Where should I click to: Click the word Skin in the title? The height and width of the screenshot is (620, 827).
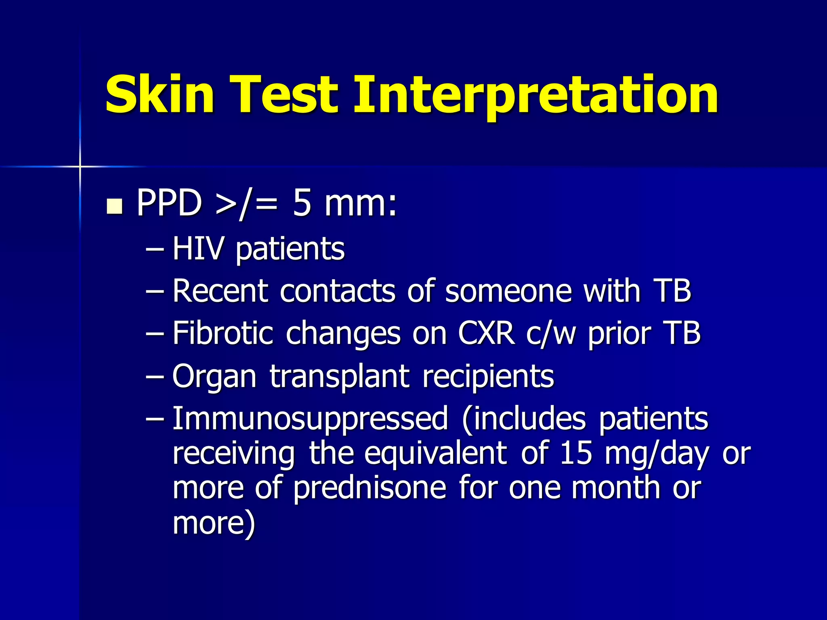pyautogui.click(x=160, y=94)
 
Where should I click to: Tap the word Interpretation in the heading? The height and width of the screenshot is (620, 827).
pyautogui.click(x=535, y=96)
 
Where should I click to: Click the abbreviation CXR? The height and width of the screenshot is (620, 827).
pyautogui.click(x=487, y=333)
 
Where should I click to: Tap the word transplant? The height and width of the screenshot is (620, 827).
pyautogui.click(x=340, y=377)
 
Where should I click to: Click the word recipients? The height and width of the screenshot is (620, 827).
pyautogui.click(x=488, y=377)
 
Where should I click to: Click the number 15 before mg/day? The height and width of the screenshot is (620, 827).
pyautogui.click(x=576, y=453)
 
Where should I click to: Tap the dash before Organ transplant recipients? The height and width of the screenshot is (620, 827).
pyautogui.click(x=155, y=376)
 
